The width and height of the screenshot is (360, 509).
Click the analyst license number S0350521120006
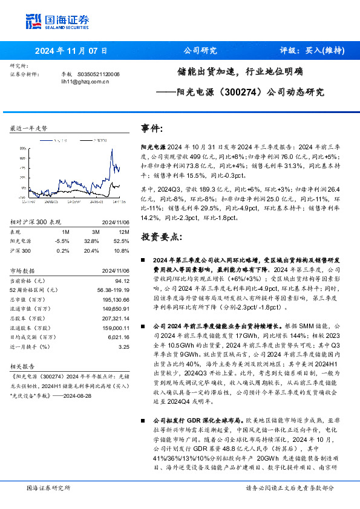[x=98, y=74]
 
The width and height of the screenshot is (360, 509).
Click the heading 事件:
[x=152, y=129]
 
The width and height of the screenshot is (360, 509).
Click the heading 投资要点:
[x=161, y=236]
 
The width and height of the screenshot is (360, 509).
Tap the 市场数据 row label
[x=24, y=270]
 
